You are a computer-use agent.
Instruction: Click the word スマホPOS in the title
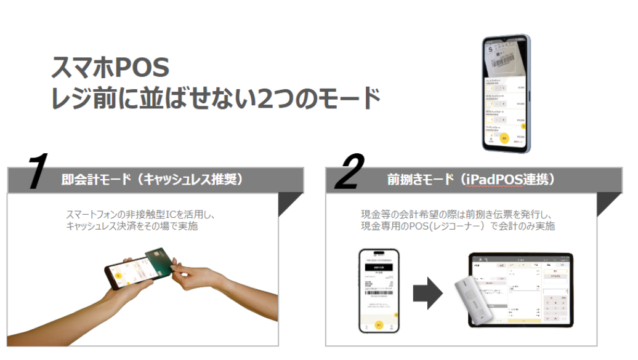coord(110,67)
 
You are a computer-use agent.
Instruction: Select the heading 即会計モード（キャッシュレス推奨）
coord(152,180)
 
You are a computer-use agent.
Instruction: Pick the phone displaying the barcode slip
coord(379,290)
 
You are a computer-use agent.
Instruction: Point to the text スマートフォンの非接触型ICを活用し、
coord(143,215)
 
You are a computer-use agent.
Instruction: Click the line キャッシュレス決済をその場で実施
coord(132,226)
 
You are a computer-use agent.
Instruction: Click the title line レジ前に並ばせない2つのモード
coord(216,98)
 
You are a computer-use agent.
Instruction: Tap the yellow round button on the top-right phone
coord(505,138)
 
